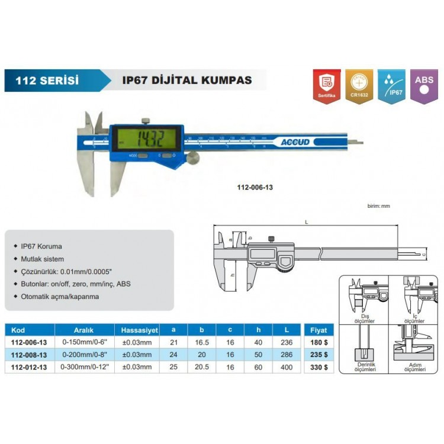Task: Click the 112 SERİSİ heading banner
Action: (x=50, y=80)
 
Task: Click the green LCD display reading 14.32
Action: (x=146, y=140)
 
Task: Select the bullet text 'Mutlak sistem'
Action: (x=42, y=259)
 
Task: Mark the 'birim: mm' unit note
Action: (x=379, y=205)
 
